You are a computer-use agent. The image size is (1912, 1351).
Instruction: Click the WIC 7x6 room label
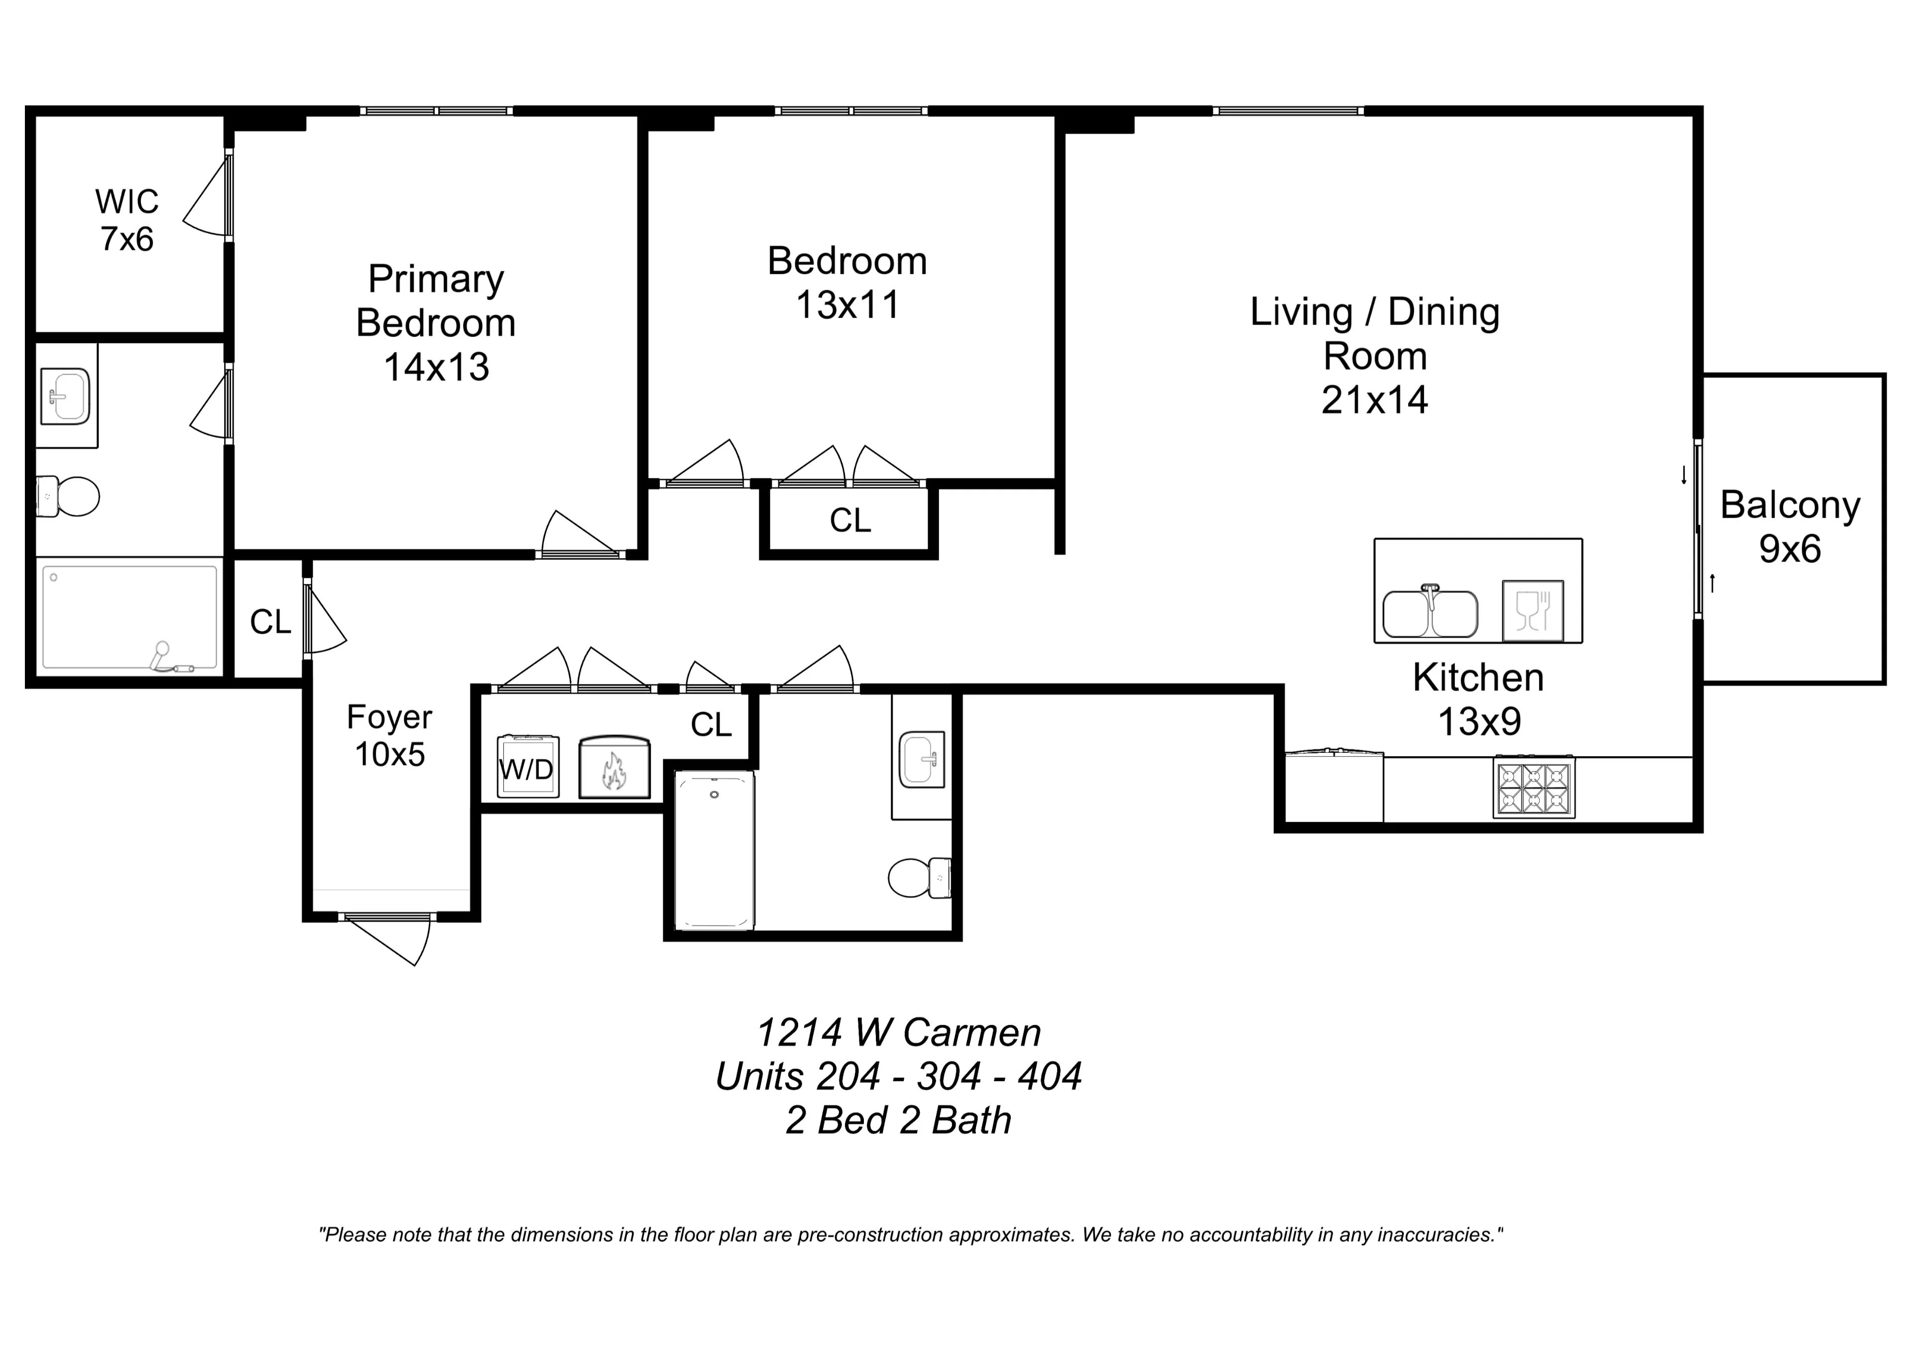[x=126, y=220]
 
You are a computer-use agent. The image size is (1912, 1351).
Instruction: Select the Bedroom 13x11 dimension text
[x=848, y=305]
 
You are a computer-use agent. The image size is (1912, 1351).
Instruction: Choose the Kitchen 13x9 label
[x=1478, y=699]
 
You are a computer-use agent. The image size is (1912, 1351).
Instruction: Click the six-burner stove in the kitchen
[x=1534, y=787]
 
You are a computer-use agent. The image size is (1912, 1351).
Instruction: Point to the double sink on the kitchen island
[x=1430, y=612]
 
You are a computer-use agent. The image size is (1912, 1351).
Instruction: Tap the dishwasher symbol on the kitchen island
[x=1532, y=611]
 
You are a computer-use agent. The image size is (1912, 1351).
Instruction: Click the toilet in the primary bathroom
[x=68, y=496]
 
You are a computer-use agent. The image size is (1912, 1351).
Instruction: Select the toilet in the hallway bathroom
[x=919, y=877]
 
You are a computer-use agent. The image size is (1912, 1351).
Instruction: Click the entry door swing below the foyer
[x=391, y=940]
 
